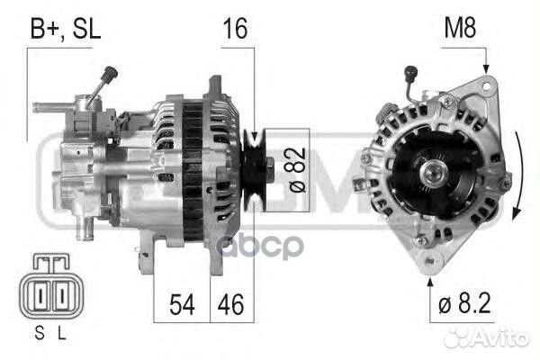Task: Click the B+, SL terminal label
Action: (66, 29)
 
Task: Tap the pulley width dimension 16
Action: (235, 29)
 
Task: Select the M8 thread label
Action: (460, 28)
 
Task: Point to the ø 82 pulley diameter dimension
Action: (296, 170)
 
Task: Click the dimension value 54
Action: (182, 304)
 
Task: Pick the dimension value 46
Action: (230, 304)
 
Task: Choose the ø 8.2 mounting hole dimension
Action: (464, 303)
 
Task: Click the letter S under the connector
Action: (40, 333)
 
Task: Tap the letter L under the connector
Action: (61, 333)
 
